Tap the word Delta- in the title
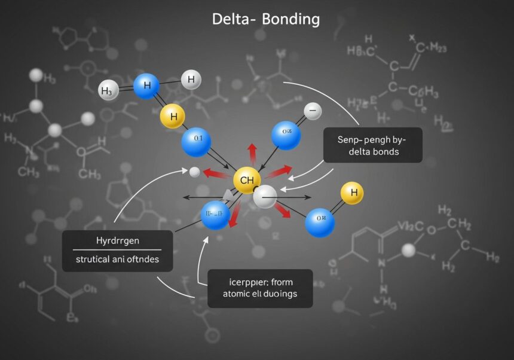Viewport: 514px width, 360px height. coord(235,19)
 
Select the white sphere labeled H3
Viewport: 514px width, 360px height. coord(108,91)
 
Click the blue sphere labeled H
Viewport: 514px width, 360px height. coord(146,86)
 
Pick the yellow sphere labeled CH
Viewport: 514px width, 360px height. coord(247,179)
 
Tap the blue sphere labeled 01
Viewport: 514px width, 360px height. coord(196,142)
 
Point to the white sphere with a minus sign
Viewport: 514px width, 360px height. coord(313,111)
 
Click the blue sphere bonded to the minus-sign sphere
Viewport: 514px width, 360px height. coord(286,135)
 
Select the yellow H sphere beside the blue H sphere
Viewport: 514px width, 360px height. coord(173,116)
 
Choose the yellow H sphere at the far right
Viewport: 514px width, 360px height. coord(351,193)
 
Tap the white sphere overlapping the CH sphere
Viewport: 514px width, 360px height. coord(265,196)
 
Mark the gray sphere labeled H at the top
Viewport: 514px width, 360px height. coord(191,79)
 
